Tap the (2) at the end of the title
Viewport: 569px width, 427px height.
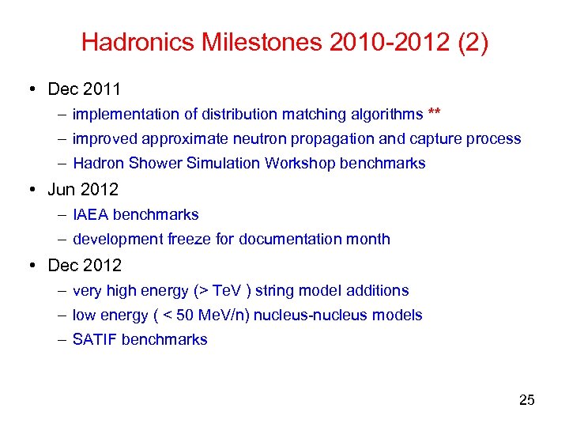473,42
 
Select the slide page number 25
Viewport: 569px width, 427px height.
526,400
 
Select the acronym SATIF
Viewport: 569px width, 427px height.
95,340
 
